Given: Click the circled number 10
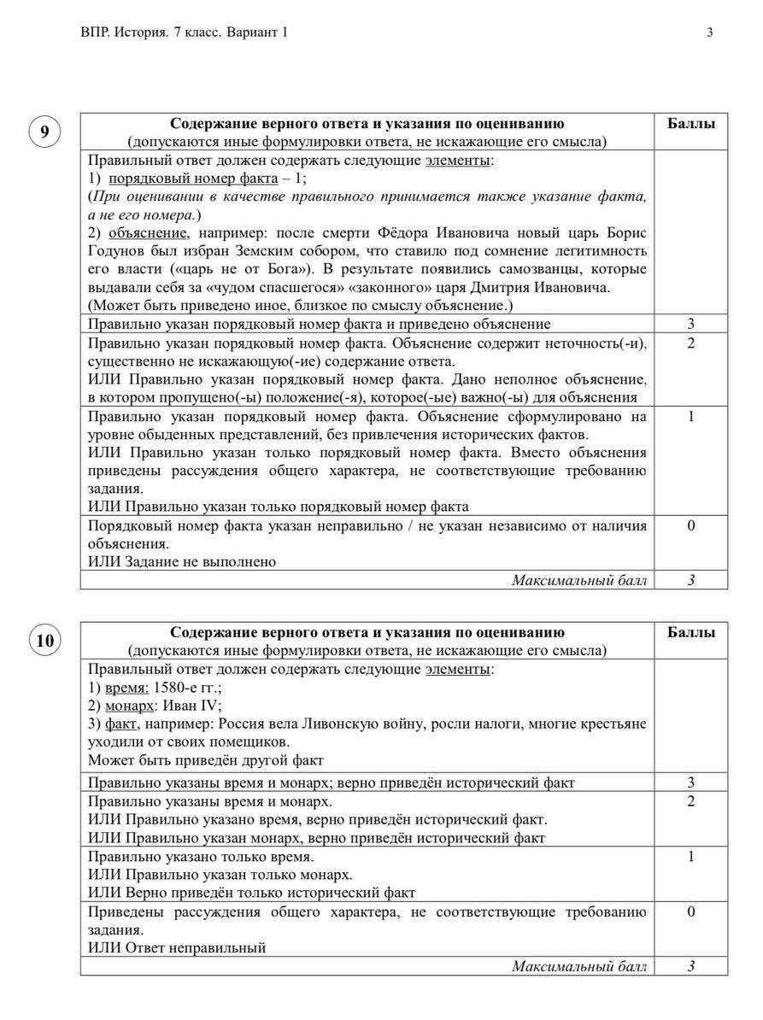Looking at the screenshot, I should pyautogui.click(x=44, y=641).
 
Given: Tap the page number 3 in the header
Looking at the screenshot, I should pyautogui.click(x=710, y=32).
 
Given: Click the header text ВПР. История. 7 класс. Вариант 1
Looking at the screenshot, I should pyautogui.click(x=184, y=32).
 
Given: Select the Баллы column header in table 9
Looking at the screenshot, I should pyautogui.click(x=690, y=123).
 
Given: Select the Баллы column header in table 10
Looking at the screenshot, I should pyautogui.click(x=690, y=632).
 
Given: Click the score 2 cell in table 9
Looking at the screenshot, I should pyautogui.click(x=690, y=343).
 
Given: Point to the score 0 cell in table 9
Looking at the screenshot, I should pyautogui.click(x=690, y=525).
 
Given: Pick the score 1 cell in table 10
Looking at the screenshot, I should pyautogui.click(x=690, y=856).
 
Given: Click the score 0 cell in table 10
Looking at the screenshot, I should pyautogui.click(x=690, y=912).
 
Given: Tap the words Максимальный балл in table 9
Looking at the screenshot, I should pyautogui.click(x=578, y=581).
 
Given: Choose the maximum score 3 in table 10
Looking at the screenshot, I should pyautogui.click(x=690, y=967).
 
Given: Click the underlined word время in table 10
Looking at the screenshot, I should pyautogui.click(x=126, y=688).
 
